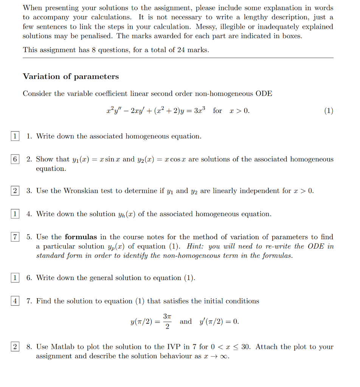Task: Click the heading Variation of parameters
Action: (71, 77)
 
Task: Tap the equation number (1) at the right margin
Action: (329, 111)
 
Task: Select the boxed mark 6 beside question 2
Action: (15, 159)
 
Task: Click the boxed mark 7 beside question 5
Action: (15, 237)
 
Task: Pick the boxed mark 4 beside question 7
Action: (15, 301)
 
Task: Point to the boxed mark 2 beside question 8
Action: (15, 347)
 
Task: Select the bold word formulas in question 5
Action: (81, 237)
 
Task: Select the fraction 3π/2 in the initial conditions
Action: (168, 321)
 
